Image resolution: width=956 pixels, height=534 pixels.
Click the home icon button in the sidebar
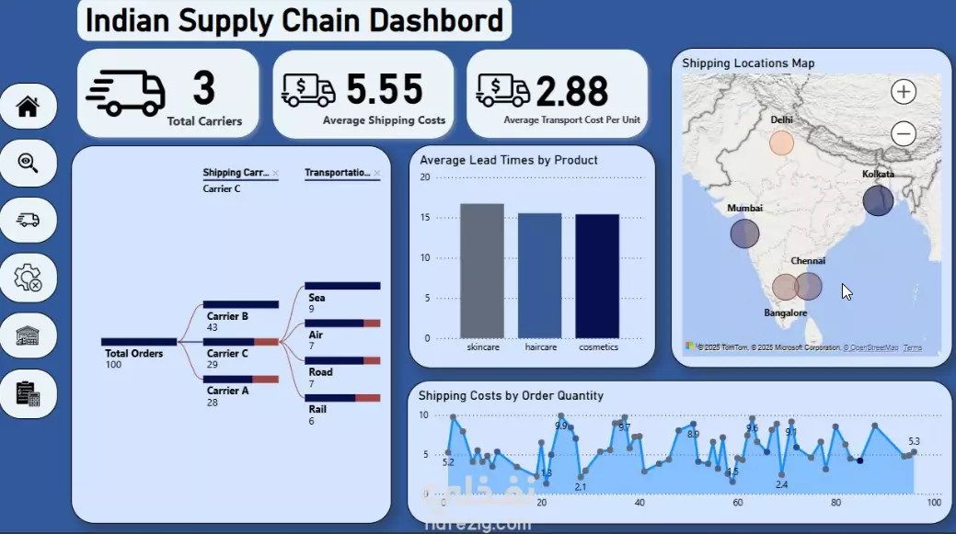29,107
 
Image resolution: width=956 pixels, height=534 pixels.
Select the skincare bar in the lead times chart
482,271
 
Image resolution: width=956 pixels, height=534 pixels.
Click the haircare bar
539,276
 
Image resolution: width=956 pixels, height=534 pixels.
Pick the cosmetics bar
597,276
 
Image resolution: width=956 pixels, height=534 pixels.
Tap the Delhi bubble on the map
781,143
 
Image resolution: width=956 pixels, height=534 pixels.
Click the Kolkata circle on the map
878,200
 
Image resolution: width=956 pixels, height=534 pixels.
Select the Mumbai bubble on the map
744,233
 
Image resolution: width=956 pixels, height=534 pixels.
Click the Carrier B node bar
241,304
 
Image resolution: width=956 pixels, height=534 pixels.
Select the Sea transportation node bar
342,286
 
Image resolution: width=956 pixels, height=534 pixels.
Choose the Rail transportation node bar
342,397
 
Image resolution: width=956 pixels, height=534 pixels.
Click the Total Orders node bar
139,342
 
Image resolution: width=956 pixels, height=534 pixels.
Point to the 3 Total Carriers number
203,89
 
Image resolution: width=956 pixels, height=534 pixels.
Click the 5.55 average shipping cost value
385,89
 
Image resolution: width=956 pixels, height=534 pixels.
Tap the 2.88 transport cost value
571,92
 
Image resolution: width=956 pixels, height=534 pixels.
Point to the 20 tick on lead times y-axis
424,176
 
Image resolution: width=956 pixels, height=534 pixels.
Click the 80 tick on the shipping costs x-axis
835,503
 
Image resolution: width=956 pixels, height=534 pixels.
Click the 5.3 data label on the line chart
914,441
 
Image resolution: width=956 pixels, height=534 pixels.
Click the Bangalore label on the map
786,312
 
